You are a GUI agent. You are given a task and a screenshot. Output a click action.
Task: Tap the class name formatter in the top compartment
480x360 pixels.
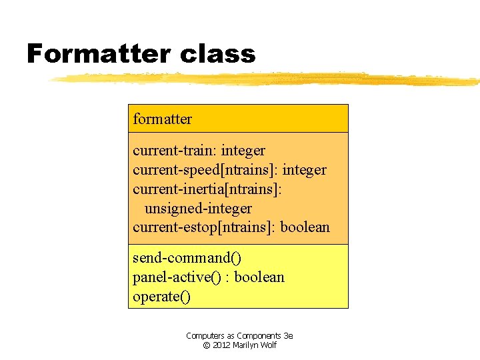click(162, 119)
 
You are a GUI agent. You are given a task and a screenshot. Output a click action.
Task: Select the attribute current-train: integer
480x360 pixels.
click(199, 151)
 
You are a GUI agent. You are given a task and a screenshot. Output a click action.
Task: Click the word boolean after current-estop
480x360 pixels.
click(305, 227)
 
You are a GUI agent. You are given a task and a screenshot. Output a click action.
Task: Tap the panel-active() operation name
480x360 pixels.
click(175, 277)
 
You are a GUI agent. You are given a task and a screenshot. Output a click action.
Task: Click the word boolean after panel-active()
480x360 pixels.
click(259, 277)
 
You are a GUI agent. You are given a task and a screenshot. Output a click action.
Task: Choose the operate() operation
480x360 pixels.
click(161, 296)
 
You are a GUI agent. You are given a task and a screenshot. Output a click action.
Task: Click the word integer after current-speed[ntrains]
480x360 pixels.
click(303, 170)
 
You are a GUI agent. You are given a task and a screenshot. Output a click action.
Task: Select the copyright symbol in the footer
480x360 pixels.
click(207, 345)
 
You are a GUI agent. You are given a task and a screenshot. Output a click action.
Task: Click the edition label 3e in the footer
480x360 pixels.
click(288, 336)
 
